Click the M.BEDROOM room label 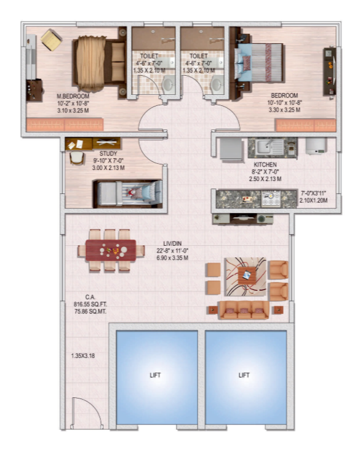click(x=73, y=96)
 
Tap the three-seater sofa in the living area click(x=244, y=309)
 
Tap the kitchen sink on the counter click(x=269, y=147)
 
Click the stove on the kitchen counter click(x=270, y=198)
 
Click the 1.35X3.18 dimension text click(x=82, y=356)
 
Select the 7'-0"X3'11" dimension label click(x=313, y=193)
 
